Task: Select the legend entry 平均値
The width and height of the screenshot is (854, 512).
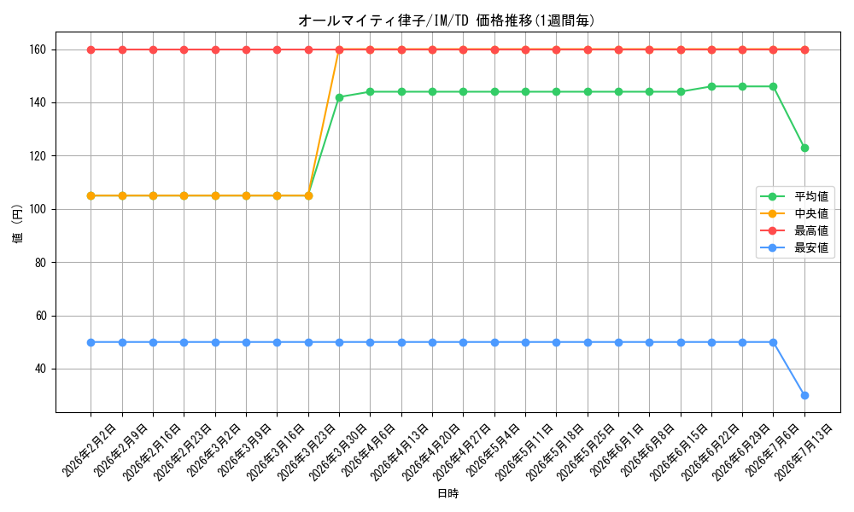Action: coord(811,196)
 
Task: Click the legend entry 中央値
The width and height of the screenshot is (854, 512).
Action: coord(811,214)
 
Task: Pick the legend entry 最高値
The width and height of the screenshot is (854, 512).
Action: coord(811,231)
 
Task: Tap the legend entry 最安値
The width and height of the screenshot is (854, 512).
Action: coord(811,248)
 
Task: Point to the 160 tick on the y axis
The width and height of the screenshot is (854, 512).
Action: coord(40,50)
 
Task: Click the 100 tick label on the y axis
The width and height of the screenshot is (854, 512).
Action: coord(40,209)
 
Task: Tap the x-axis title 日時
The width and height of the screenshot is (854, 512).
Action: coord(447,493)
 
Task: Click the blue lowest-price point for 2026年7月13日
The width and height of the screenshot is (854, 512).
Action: coord(804,396)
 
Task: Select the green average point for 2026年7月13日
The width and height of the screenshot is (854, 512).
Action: coord(804,148)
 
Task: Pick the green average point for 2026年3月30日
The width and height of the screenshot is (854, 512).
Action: coord(339,97)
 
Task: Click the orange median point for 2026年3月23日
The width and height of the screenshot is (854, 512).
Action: coord(308,196)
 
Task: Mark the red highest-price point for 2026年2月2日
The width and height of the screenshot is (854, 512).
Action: coord(91,50)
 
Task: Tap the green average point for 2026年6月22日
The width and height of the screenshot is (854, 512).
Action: coord(711,86)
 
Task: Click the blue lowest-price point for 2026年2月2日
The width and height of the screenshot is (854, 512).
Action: coord(91,343)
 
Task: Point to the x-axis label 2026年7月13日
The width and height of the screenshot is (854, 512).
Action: coord(803,452)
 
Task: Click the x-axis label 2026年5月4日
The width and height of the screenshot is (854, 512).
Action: coord(493,451)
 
